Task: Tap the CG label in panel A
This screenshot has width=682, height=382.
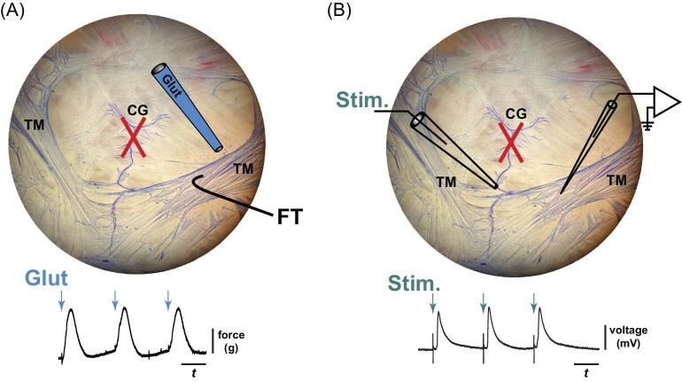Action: tap(136, 109)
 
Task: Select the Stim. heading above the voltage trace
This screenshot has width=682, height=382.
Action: tap(438, 284)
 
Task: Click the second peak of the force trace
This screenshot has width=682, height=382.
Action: tap(125, 308)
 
